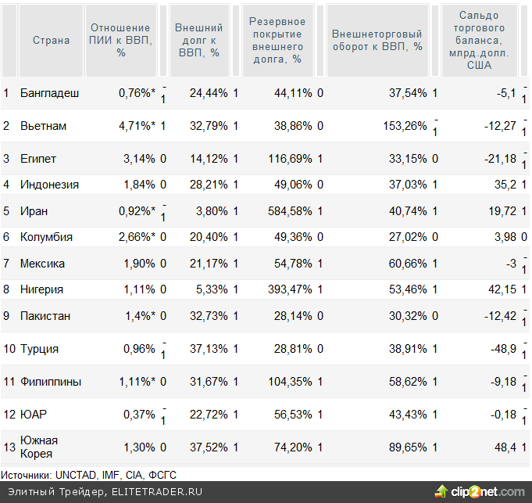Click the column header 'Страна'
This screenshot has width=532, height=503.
51,40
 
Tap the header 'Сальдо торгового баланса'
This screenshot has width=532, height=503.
479,40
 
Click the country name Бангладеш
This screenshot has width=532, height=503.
49,93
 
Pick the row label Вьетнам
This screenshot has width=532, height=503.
43,126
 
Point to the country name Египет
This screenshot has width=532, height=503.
38,159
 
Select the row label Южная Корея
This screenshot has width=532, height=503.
39,447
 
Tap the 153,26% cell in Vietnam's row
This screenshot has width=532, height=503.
406,126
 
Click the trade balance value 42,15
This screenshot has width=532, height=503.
501,289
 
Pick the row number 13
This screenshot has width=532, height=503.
9,447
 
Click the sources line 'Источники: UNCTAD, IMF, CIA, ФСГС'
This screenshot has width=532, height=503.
90,474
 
